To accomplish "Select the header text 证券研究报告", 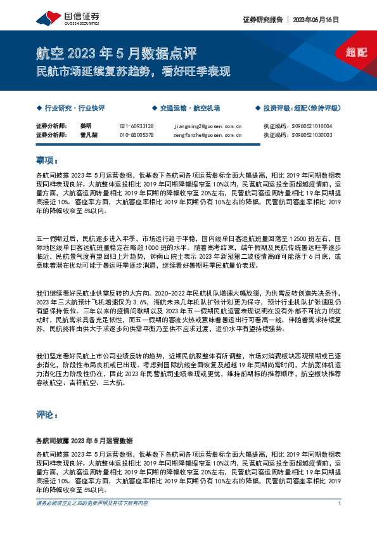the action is [x=262, y=20].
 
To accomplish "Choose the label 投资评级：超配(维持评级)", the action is [x=302, y=108].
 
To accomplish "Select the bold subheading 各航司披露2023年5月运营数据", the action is [x=84, y=440].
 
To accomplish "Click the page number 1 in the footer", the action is [x=340, y=504].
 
